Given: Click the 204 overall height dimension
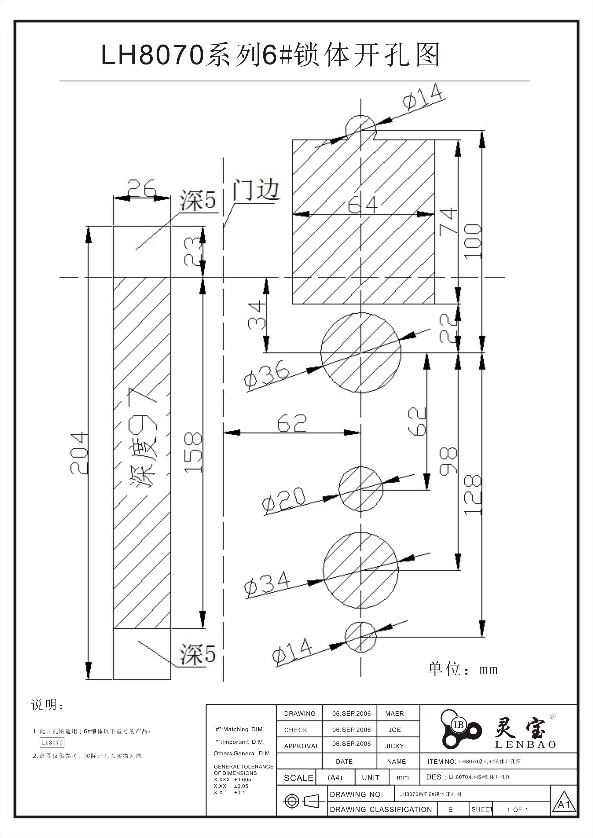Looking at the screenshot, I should pyautogui.click(x=79, y=453).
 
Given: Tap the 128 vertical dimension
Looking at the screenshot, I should pyautogui.click(x=473, y=494).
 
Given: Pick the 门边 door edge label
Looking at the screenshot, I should pyautogui.click(x=256, y=190).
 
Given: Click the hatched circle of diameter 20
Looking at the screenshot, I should pyautogui.click(x=360, y=488).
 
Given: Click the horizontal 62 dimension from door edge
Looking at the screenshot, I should pyautogui.click(x=292, y=423).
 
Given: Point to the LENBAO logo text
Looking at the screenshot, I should pyautogui.click(x=525, y=745).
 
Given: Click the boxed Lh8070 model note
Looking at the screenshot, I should pyautogui.click(x=52, y=742).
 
